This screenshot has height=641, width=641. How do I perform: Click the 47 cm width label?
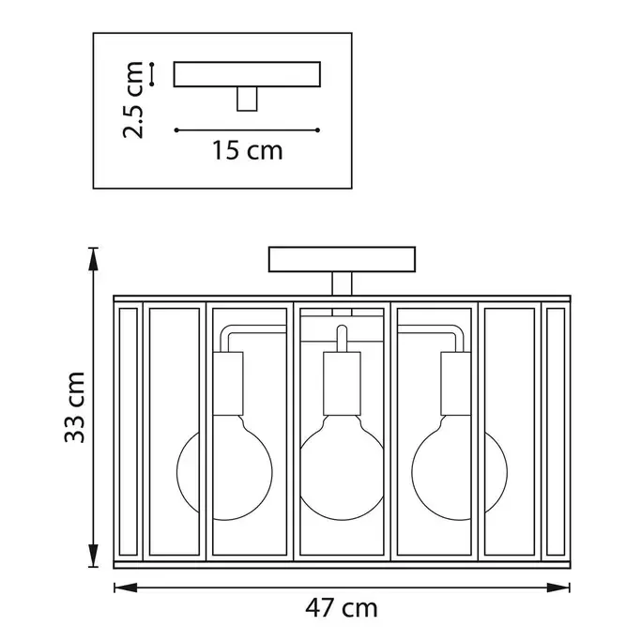coord(342,608)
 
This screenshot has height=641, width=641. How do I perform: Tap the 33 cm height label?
coord(75,407)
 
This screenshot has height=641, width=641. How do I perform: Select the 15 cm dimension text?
coord(248,150)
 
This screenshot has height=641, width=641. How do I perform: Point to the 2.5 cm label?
coord(133,99)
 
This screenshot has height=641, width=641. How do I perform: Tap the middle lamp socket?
coord(343,384)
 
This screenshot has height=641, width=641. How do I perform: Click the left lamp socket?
coord(228,384)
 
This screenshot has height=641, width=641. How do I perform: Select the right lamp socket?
coord(456,384)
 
